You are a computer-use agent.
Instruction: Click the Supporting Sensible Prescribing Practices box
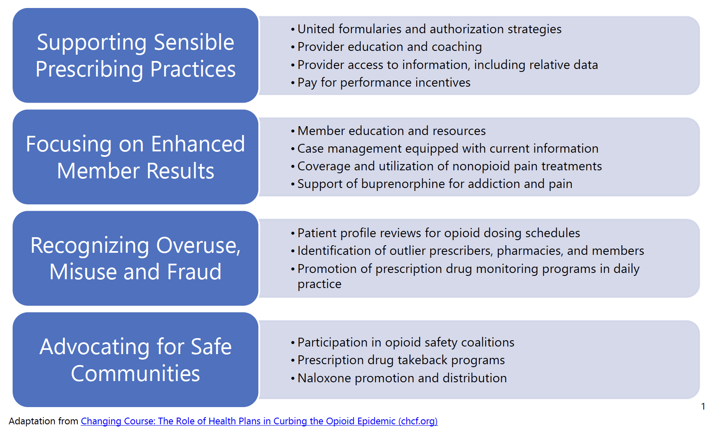click(x=135, y=56)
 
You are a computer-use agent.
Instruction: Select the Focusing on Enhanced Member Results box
click(x=135, y=157)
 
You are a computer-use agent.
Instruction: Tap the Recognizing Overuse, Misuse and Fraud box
click(x=135, y=258)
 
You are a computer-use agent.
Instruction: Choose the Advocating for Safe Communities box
click(x=135, y=360)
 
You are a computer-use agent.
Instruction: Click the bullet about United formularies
click(x=429, y=29)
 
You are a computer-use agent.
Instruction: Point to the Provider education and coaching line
click(x=389, y=47)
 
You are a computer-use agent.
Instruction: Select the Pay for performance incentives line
click(x=383, y=82)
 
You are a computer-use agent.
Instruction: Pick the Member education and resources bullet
click(x=391, y=131)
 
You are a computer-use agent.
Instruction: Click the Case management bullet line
click(x=447, y=148)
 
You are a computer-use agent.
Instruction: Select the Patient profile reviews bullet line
click(x=438, y=233)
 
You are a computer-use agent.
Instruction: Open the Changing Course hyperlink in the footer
click(x=259, y=421)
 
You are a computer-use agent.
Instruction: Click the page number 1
click(x=703, y=406)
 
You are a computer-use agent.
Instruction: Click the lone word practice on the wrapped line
click(x=320, y=284)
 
